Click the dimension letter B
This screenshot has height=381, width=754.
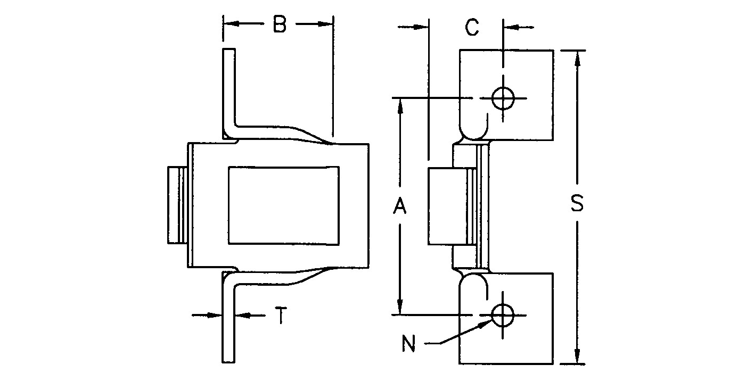click(280, 24)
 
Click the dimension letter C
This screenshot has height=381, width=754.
click(472, 28)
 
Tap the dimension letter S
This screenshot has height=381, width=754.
click(577, 204)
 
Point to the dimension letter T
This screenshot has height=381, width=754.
click(281, 316)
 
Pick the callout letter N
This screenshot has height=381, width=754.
click(408, 345)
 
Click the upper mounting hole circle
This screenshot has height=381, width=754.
click(502, 98)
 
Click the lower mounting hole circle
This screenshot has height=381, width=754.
click(502, 315)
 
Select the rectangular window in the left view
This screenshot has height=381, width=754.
click(283, 206)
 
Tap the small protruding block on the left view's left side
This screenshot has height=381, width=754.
click(177, 205)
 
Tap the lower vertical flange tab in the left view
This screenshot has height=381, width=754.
click(228, 325)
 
